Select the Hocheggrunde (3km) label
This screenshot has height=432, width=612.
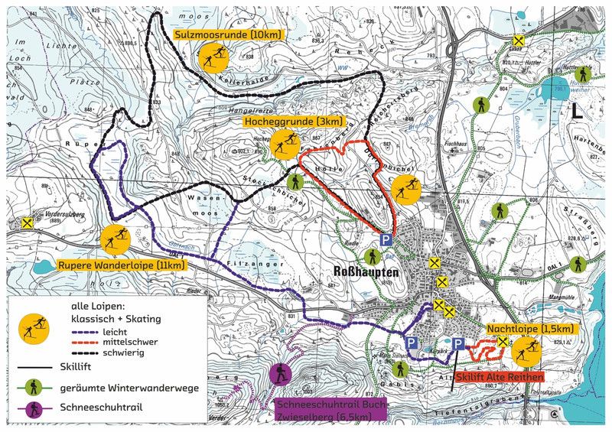(x=294, y=122)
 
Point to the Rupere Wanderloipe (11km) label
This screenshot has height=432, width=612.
(x=122, y=265)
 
